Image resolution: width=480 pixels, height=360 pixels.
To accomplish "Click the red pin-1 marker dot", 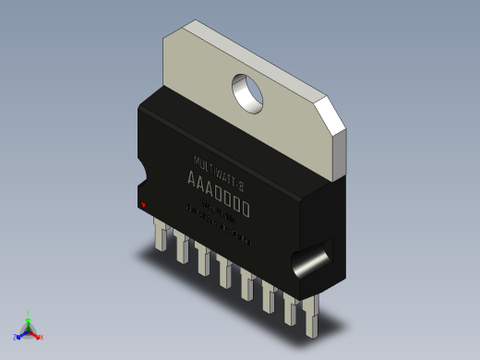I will (142, 203).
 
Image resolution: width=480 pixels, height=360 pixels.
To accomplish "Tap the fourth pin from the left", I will (224, 272).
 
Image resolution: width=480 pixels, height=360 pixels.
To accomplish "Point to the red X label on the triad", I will (42, 337).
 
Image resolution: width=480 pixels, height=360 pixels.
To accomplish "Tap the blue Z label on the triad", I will (16, 336).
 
